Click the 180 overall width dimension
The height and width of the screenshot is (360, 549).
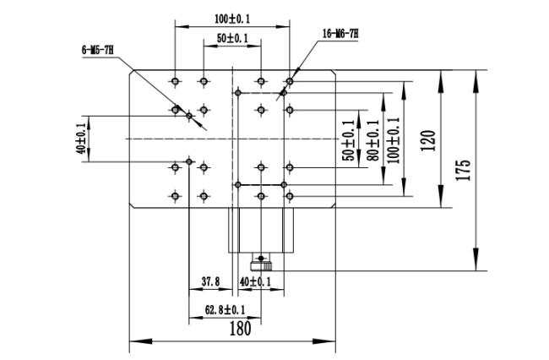click(240, 329)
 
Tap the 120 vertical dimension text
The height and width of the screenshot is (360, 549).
click(428, 140)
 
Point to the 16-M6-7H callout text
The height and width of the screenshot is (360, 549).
click(340, 34)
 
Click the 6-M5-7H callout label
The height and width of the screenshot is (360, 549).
click(98, 50)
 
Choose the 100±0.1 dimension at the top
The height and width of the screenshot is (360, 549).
click(232, 19)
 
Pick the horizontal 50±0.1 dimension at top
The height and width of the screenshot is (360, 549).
click(232, 38)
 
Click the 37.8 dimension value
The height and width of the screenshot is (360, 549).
click(211, 281)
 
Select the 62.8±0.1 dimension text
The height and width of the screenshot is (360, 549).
click(225, 309)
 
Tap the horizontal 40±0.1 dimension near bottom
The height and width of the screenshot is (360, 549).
click(255, 281)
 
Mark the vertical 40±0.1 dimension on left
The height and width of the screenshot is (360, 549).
click(81, 139)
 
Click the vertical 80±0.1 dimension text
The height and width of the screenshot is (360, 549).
click(373, 140)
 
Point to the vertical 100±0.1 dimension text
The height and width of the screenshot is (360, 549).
click(394, 140)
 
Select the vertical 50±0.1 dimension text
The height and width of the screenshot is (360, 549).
click(349, 140)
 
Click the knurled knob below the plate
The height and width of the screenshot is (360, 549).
click(261, 266)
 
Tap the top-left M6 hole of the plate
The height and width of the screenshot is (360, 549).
click(176, 82)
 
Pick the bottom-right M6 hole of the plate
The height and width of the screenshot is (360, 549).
click(289, 196)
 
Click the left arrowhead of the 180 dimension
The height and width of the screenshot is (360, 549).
click(141, 341)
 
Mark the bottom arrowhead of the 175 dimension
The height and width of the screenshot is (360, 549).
click(476, 259)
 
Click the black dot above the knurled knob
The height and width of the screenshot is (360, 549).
click(261, 258)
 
